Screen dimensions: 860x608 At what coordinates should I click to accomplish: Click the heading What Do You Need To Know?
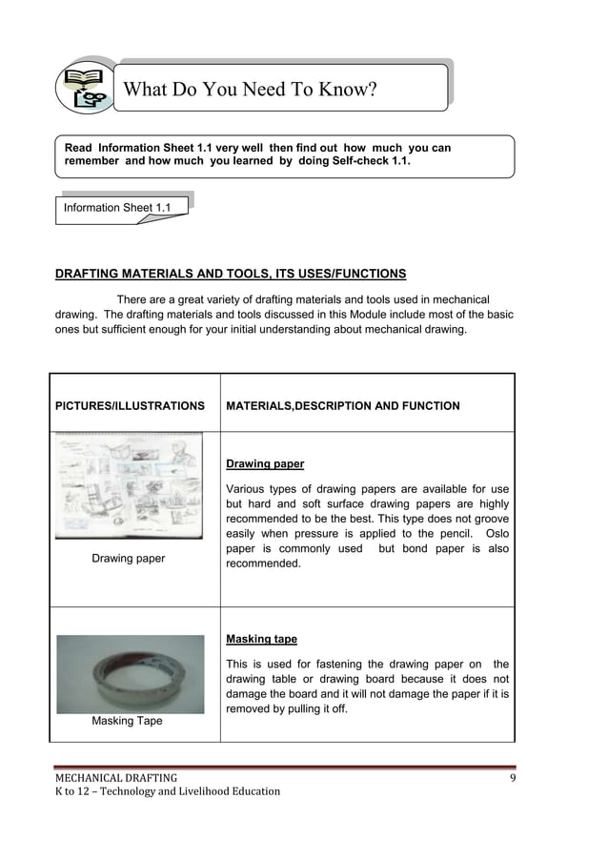251,91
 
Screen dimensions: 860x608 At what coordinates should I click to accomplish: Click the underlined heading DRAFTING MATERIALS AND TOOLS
230,274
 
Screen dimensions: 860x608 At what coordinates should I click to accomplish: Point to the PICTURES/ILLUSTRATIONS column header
130,406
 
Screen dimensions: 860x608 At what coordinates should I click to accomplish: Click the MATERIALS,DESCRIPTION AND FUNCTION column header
342,406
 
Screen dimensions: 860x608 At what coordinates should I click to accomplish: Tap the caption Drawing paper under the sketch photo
128,559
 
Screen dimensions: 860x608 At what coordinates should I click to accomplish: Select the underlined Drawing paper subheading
265,464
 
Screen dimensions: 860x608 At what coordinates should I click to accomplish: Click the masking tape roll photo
130,674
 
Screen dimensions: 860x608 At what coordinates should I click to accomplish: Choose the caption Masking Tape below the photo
127,721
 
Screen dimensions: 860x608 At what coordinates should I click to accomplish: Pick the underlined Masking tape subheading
261,640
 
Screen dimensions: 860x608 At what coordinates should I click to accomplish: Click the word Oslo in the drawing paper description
497,533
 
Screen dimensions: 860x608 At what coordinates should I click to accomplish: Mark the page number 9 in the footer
512,777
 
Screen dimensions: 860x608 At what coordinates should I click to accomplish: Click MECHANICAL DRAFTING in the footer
114,777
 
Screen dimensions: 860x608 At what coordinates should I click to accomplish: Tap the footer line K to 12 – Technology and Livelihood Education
167,791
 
